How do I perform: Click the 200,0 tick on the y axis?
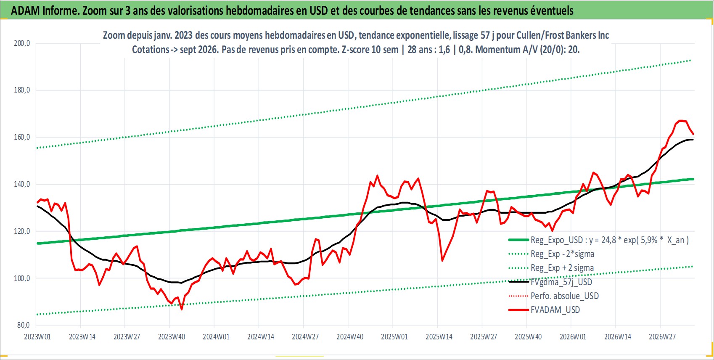pos(22,43)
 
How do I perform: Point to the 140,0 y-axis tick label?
pos(22,184)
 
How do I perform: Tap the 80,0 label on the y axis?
pos(24,325)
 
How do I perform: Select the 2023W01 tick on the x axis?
pos(37,337)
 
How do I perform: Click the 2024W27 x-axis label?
pos(305,337)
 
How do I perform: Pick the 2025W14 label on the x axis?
pos(439,337)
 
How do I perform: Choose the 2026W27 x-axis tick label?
pos(662,337)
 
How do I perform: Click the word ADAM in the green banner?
pos(26,11)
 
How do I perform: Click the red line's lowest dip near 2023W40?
pos(182,309)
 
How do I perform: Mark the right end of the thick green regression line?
pos(693,179)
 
